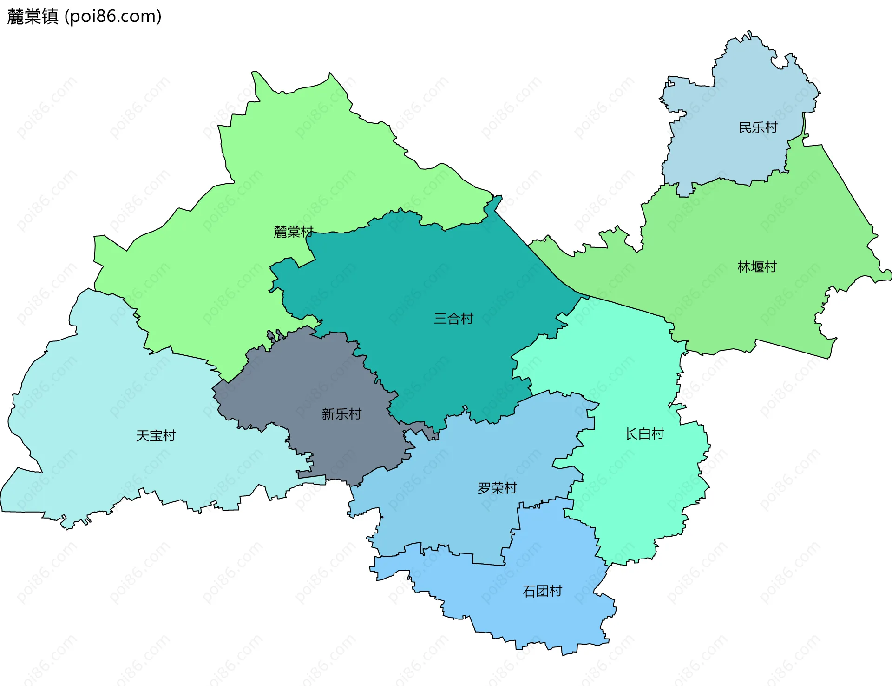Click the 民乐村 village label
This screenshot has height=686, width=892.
[x=758, y=127]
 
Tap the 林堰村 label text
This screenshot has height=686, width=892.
[x=757, y=267]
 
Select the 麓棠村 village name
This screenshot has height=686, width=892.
[x=293, y=232]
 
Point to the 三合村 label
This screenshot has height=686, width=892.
[x=453, y=319]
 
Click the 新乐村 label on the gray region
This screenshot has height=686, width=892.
[x=341, y=414]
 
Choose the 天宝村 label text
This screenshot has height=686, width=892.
[x=156, y=436]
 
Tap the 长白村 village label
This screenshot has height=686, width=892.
[x=644, y=434]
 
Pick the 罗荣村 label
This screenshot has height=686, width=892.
[x=497, y=488]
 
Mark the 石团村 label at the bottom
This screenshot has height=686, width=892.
[x=542, y=591]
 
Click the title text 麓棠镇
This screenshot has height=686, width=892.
[x=33, y=16]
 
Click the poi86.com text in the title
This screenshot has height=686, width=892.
[x=113, y=16]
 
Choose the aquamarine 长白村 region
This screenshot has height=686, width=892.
[x=641, y=488]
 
